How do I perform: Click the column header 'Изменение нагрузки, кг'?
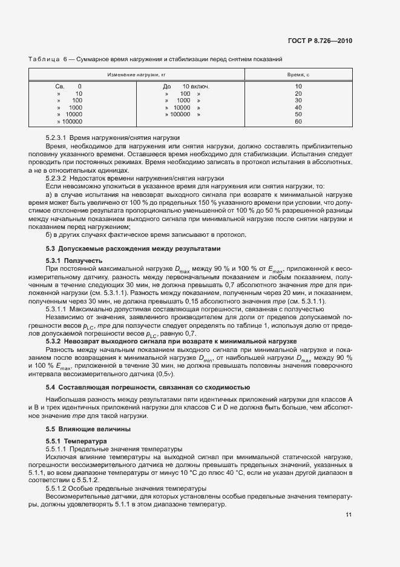click(x=137, y=74)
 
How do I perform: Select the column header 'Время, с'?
click(x=298, y=74)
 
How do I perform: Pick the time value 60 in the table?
click(x=298, y=121)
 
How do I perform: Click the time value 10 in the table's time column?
click(x=298, y=86)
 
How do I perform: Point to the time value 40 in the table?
click(x=298, y=107)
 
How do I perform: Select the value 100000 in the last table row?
click(x=71, y=121)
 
